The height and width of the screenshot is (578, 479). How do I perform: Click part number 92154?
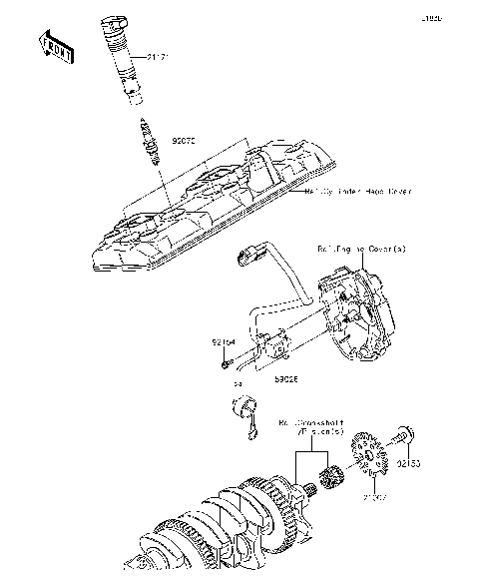click(222, 342)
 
